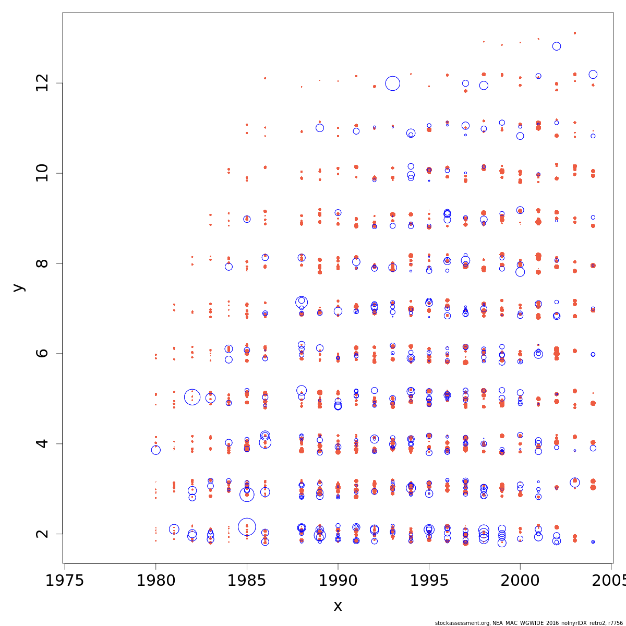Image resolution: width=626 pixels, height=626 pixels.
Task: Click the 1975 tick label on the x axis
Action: tap(64, 581)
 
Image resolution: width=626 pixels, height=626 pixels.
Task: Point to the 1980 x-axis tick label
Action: tap(155, 581)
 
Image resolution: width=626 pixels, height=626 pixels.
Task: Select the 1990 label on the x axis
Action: tap(338, 581)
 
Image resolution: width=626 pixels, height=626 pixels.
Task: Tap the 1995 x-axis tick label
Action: tap(429, 581)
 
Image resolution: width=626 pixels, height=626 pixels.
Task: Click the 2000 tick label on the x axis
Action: tap(520, 581)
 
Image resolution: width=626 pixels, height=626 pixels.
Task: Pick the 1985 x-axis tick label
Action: tap(247, 581)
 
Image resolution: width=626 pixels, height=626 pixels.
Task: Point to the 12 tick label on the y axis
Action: tap(42, 83)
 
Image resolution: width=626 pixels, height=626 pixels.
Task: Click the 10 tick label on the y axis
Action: tap(42, 173)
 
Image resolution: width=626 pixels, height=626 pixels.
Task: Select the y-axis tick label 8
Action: tap(42, 263)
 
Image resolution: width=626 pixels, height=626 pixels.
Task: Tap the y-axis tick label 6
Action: tap(42, 353)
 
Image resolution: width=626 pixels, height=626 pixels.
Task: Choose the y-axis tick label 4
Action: tap(42, 443)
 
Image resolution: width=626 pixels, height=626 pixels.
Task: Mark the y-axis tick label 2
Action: tap(42, 534)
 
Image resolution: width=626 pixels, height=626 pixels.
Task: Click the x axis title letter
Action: tap(338, 606)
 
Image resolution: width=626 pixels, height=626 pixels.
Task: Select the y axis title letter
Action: tap(18, 287)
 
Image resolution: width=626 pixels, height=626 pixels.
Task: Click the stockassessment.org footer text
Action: tap(529, 623)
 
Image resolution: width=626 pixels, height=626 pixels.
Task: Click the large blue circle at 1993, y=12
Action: tap(393, 83)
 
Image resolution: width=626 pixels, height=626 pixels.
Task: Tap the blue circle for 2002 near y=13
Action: tap(557, 46)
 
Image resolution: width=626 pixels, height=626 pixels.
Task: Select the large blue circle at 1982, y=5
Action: tap(192, 397)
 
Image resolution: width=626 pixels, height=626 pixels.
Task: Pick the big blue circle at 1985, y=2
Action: tap(247, 527)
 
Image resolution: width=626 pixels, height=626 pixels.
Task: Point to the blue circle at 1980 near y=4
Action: tap(155, 450)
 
